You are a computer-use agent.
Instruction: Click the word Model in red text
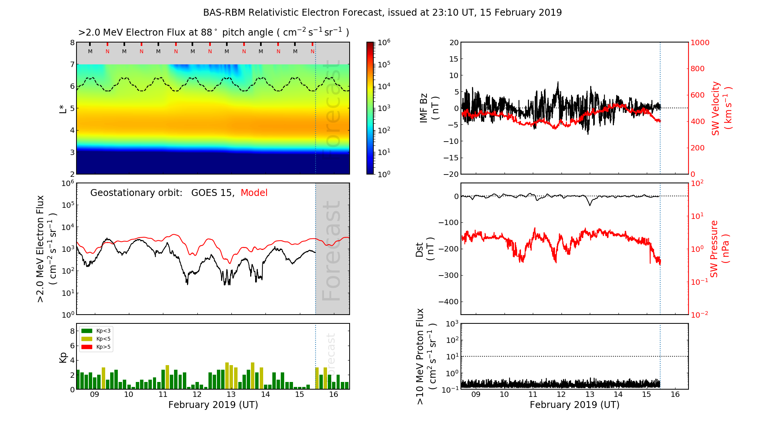pos(254,193)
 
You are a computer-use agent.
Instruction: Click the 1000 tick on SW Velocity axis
pos(700,42)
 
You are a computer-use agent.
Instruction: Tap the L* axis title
pos(63,108)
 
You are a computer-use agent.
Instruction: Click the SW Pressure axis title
pos(719,249)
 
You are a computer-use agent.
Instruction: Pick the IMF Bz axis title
pos(429,109)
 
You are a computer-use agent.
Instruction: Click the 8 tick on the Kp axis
pos(72,331)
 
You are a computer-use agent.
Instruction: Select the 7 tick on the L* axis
pos(72,64)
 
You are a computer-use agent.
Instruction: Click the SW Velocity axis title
pos(721,108)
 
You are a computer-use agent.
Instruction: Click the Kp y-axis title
pos(63,357)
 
